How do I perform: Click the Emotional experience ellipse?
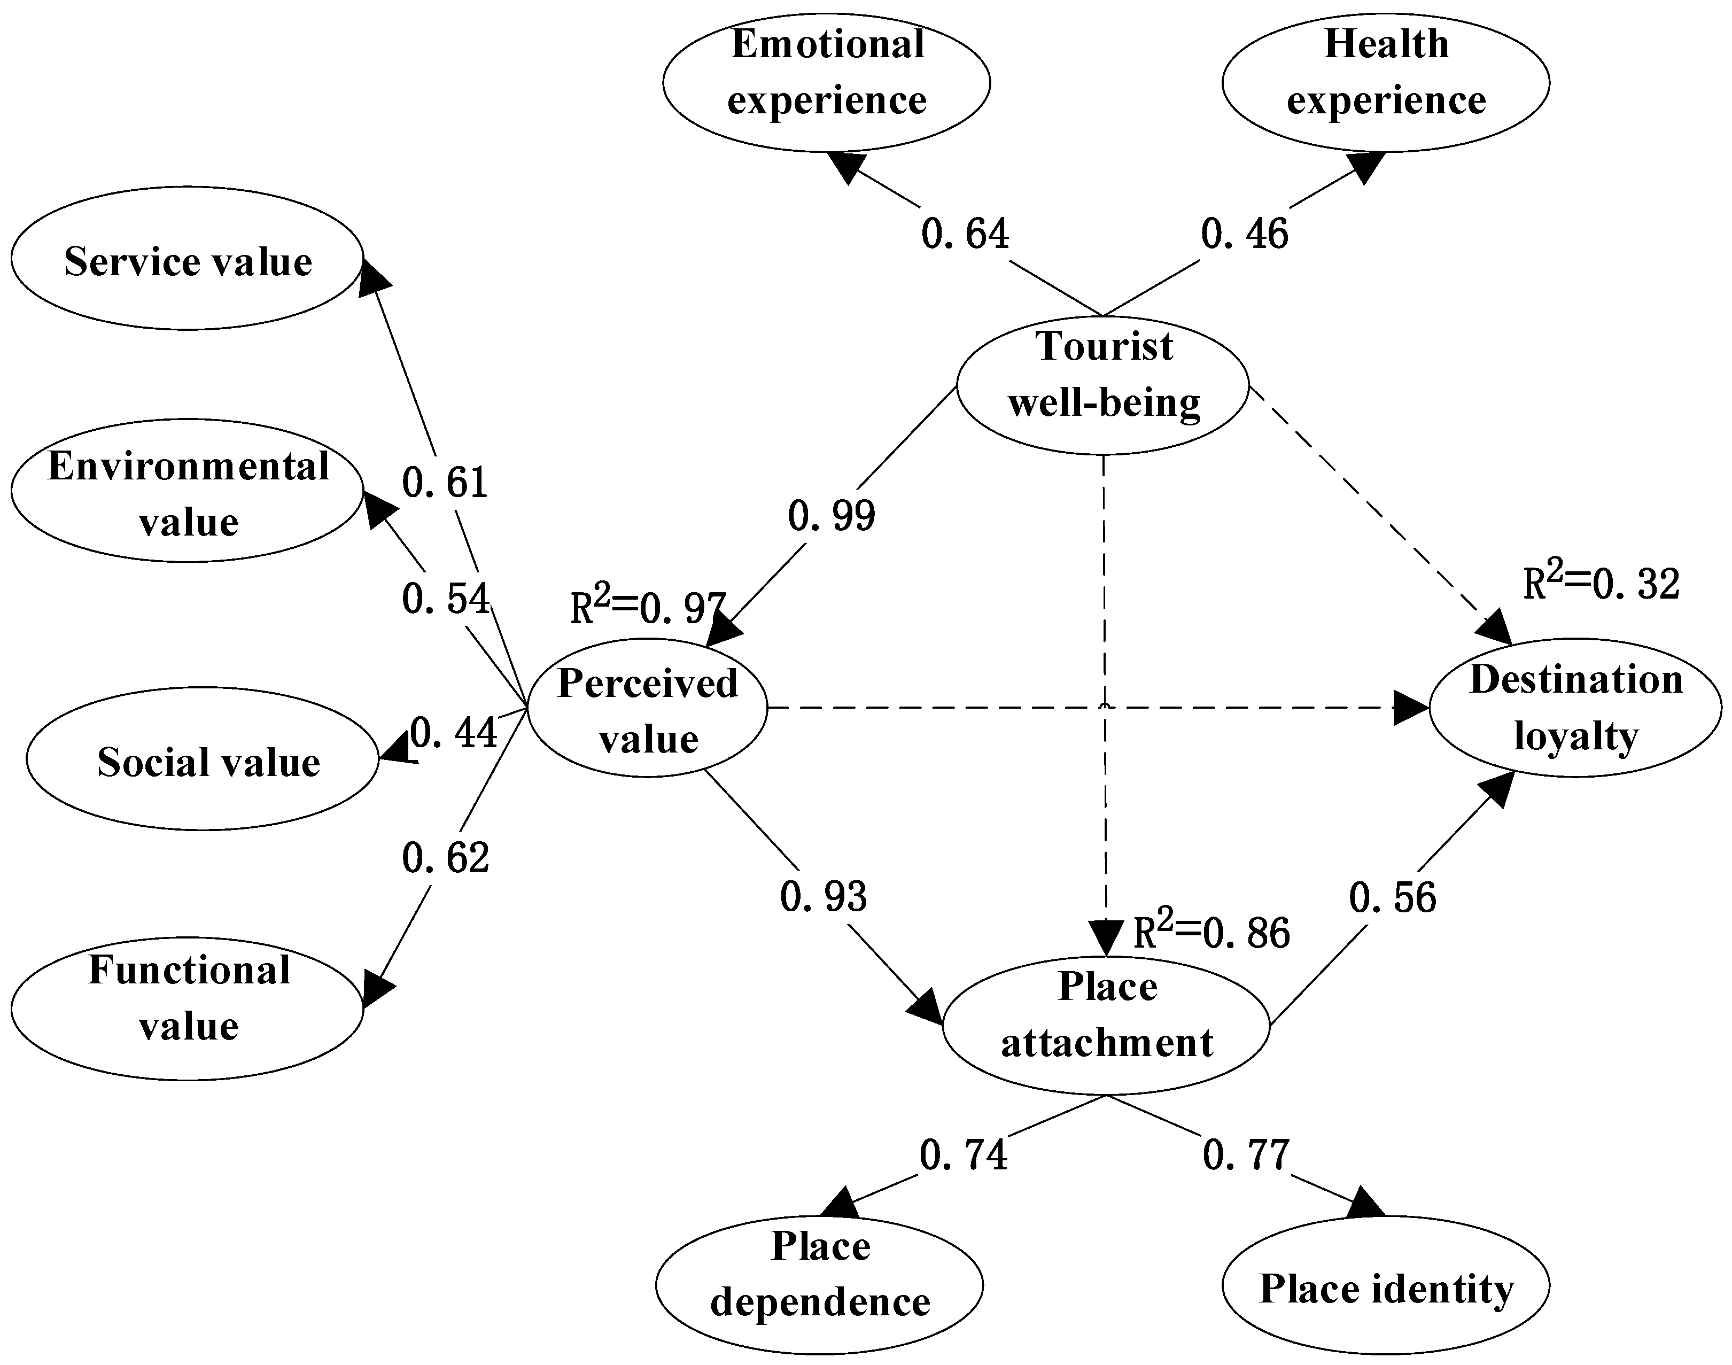826,82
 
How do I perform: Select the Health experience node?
1385,82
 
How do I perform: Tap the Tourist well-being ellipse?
1102,385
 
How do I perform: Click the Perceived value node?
647,708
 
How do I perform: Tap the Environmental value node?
187,491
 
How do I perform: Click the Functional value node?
187,1009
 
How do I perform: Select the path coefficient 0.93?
823,897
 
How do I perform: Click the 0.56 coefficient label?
1392,897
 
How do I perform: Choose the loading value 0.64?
964,234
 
